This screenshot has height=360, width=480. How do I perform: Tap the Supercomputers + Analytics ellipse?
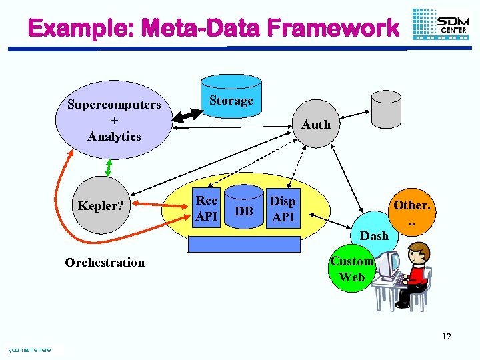click(114, 120)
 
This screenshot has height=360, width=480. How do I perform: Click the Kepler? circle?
click(101, 206)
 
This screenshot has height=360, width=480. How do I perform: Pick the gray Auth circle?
click(315, 125)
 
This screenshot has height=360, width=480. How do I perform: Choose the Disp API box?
click(283, 209)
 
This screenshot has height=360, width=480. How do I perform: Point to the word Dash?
click(374, 235)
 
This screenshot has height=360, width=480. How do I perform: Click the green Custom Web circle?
click(351, 269)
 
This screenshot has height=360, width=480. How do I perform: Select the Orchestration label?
click(105, 263)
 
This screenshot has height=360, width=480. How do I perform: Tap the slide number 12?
click(446, 336)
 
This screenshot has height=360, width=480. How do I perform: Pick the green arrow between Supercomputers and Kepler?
click(107, 168)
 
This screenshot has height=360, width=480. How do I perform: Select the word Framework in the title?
click(333, 29)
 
